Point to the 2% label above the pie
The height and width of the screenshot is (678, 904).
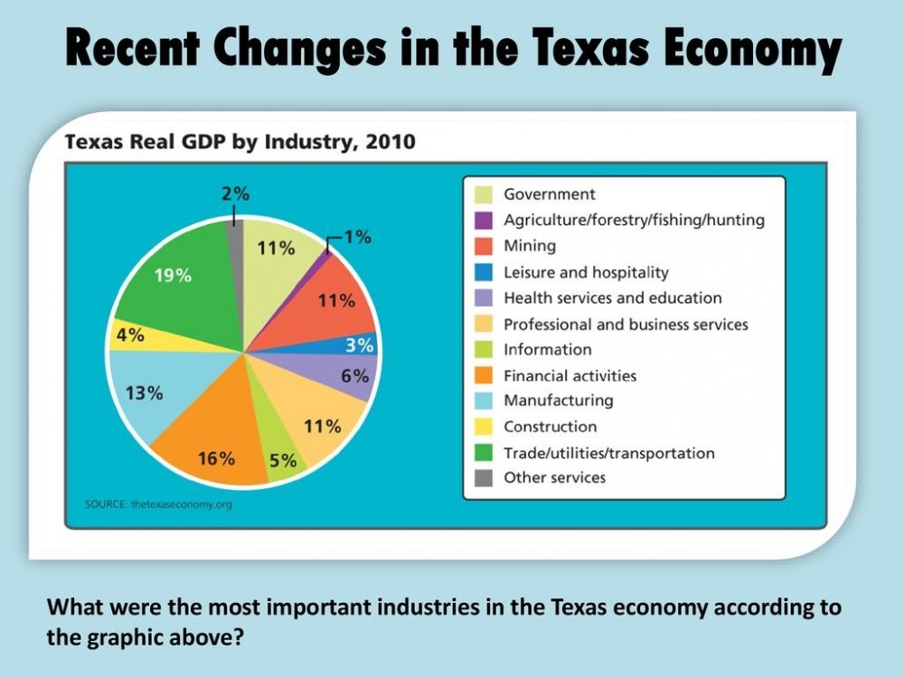[x=235, y=193]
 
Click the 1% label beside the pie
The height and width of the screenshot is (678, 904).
[x=357, y=237]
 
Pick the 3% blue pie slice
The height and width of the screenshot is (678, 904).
[x=357, y=344]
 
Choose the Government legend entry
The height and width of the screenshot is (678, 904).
[x=549, y=193]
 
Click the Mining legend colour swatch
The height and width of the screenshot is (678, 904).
[x=484, y=246]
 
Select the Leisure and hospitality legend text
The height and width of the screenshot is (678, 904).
[x=586, y=272]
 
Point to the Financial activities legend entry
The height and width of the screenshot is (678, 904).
[x=570, y=375]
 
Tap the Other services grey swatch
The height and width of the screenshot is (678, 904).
[x=484, y=478]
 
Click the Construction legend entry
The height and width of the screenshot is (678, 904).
[x=550, y=427]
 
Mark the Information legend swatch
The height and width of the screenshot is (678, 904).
[x=484, y=350]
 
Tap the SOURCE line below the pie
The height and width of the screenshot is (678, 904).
[x=158, y=504]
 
